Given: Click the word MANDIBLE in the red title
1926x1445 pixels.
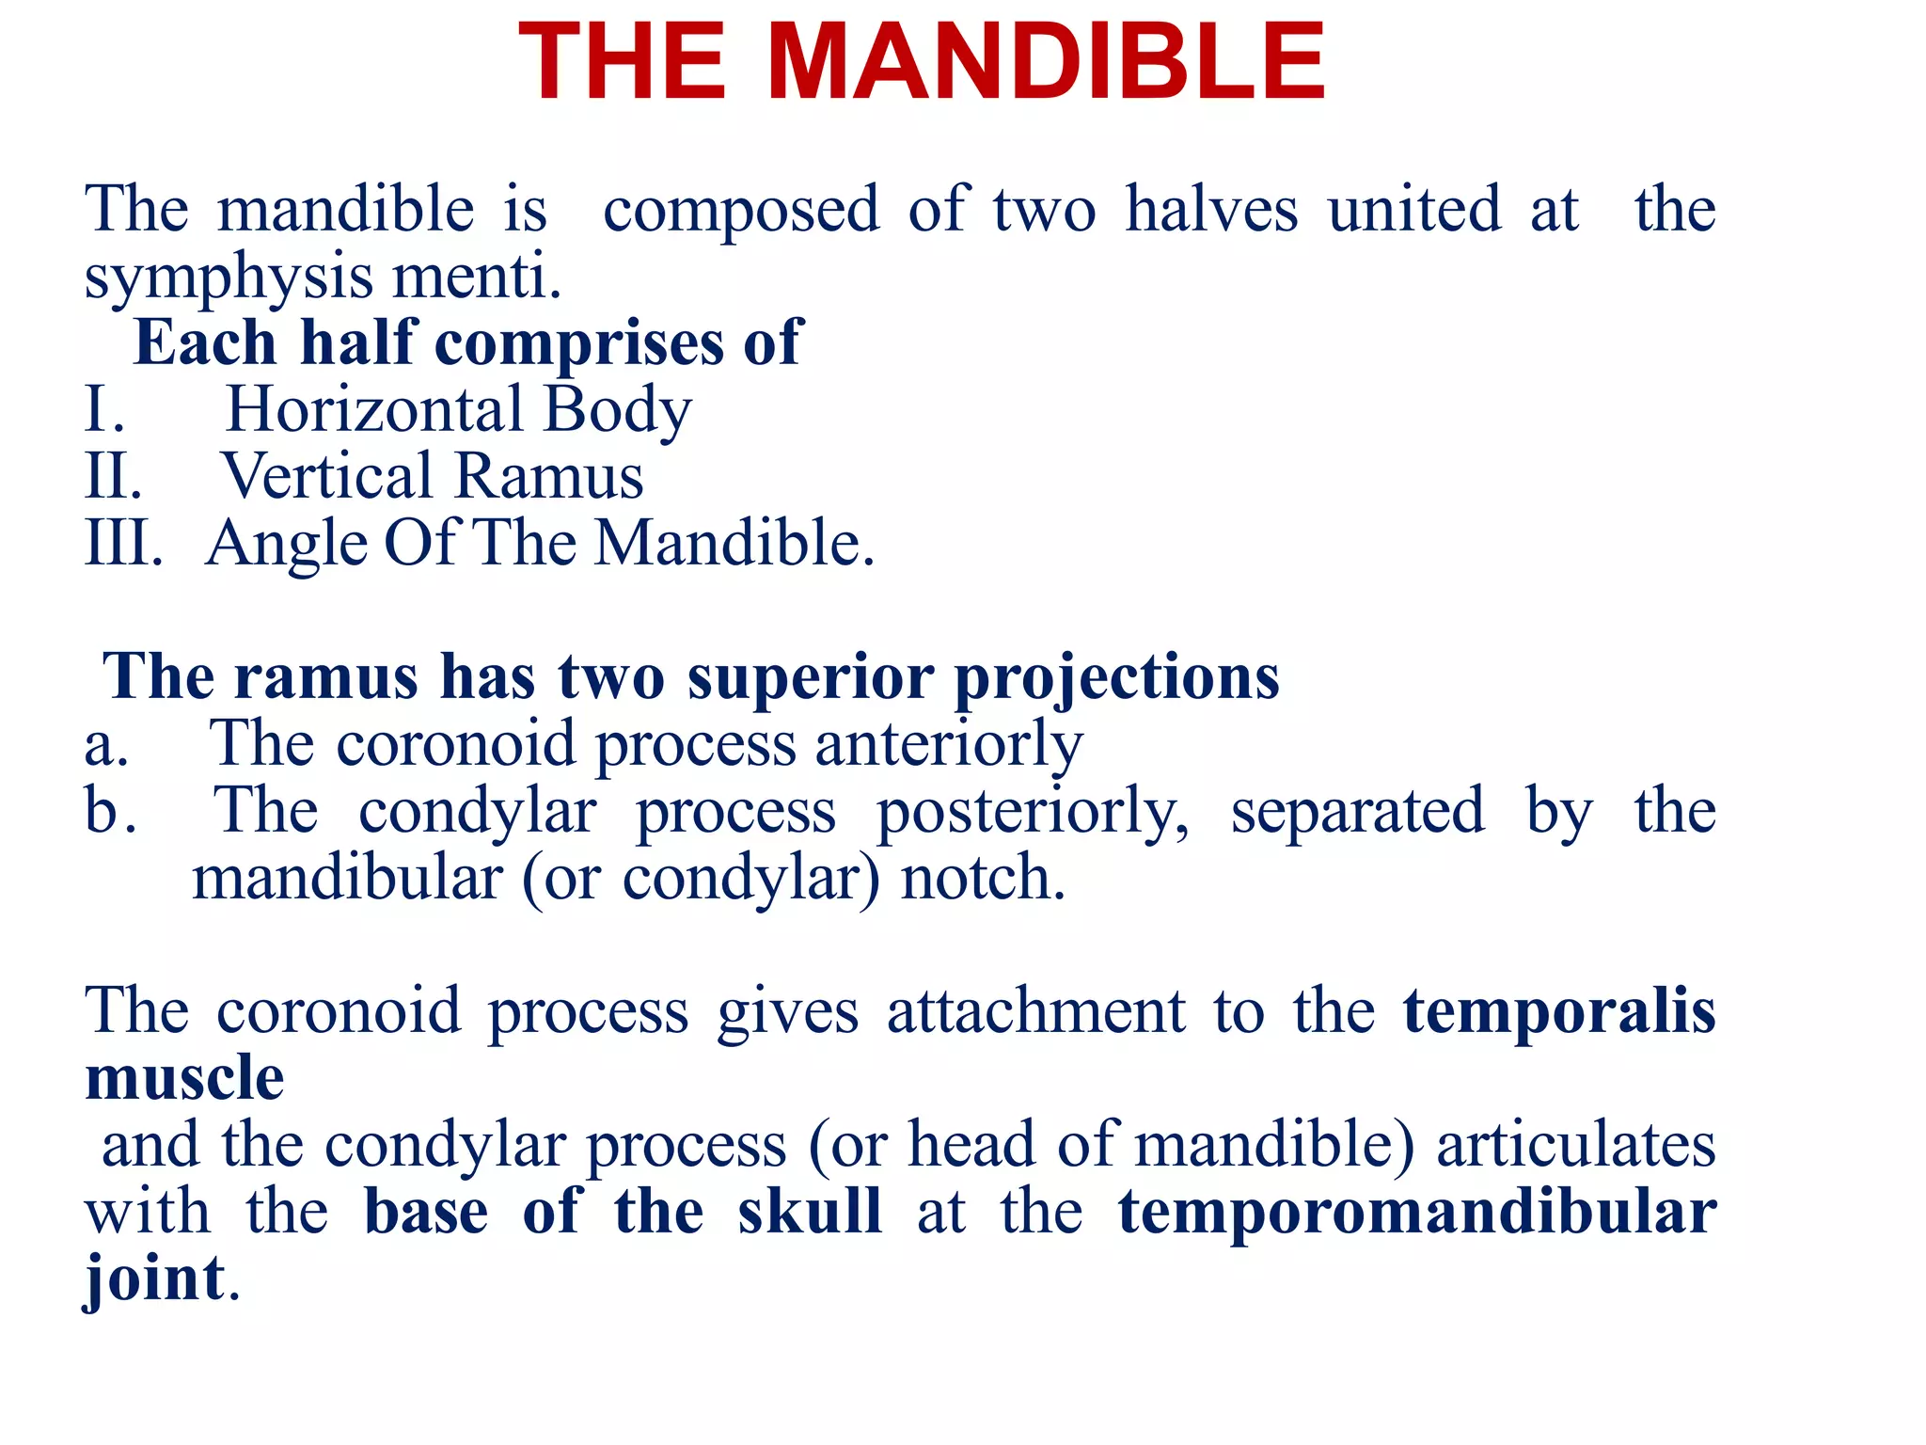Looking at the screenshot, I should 1046,63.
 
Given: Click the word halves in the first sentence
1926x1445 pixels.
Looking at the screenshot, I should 1212,209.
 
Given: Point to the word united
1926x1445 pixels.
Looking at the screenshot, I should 1414,209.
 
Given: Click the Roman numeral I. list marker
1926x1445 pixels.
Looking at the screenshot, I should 104,411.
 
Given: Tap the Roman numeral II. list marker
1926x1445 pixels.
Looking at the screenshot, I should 113,477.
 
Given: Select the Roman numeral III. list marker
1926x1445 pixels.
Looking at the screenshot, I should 123,544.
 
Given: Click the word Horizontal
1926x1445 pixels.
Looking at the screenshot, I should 374,410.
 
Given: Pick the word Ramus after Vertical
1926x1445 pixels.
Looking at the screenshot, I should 550,477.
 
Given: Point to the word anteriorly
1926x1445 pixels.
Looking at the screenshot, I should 949,745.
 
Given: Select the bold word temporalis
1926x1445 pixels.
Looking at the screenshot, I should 1559,1012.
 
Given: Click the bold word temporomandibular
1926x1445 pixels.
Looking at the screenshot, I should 1416,1212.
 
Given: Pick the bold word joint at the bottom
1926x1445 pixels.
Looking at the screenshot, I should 155,1279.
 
